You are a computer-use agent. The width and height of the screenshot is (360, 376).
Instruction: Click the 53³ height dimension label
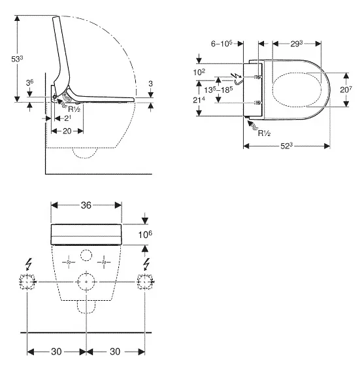[17, 59]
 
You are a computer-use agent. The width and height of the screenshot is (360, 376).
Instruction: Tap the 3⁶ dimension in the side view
[29, 83]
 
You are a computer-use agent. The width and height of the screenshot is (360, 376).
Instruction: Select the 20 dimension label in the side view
[67, 131]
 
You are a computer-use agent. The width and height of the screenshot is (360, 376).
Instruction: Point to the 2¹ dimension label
[67, 118]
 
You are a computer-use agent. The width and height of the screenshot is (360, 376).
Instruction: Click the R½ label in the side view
[74, 109]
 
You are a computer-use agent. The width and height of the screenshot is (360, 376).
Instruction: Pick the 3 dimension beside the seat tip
[151, 84]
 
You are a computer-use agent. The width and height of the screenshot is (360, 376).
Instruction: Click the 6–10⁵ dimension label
[221, 43]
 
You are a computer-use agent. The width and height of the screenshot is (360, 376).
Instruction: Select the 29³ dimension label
[297, 43]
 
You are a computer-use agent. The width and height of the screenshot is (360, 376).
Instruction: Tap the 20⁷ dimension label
[346, 90]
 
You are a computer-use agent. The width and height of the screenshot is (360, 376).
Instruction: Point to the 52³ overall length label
[286, 146]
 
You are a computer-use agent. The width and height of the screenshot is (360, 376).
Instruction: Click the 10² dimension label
[199, 72]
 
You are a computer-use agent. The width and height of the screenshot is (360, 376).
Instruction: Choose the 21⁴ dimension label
[199, 99]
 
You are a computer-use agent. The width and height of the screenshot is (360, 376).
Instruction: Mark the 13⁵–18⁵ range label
[218, 90]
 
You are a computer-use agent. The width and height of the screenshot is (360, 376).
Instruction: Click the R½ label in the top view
[264, 133]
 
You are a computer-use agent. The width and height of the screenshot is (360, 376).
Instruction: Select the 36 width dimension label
[86, 205]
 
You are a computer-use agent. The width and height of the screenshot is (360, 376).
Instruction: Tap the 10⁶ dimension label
[145, 235]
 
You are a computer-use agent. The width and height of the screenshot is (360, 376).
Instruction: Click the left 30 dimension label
[57, 352]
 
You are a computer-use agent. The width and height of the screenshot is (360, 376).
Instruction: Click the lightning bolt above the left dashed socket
[29, 264]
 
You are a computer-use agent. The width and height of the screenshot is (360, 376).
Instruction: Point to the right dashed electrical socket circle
[144, 282]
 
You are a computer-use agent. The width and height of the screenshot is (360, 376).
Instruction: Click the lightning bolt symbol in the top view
[238, 76]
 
